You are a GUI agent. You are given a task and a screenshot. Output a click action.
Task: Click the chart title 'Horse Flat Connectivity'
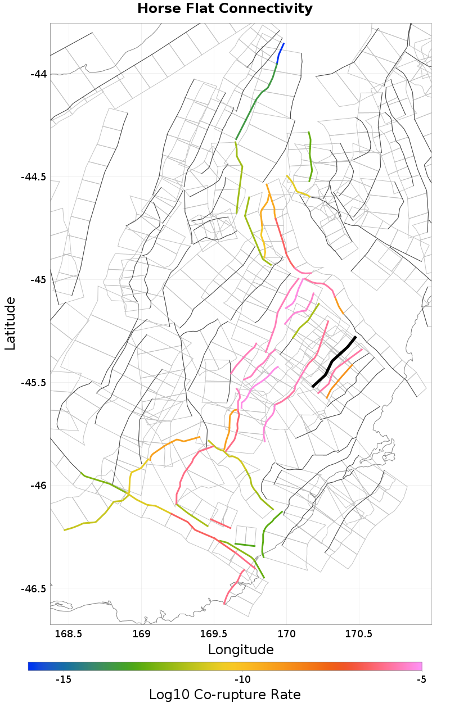(225, 9)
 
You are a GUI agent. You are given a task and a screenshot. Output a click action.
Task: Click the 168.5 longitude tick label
(70, 634)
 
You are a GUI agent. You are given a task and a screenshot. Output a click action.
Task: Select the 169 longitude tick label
(141, 634)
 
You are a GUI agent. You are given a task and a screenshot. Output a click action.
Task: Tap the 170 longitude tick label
(287, 634)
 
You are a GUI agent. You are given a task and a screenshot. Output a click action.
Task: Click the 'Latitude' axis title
(10, 324)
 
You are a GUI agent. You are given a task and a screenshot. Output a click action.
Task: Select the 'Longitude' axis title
(241, 650)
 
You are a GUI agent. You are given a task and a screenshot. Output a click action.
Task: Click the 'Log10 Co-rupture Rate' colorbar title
(225, 695)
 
